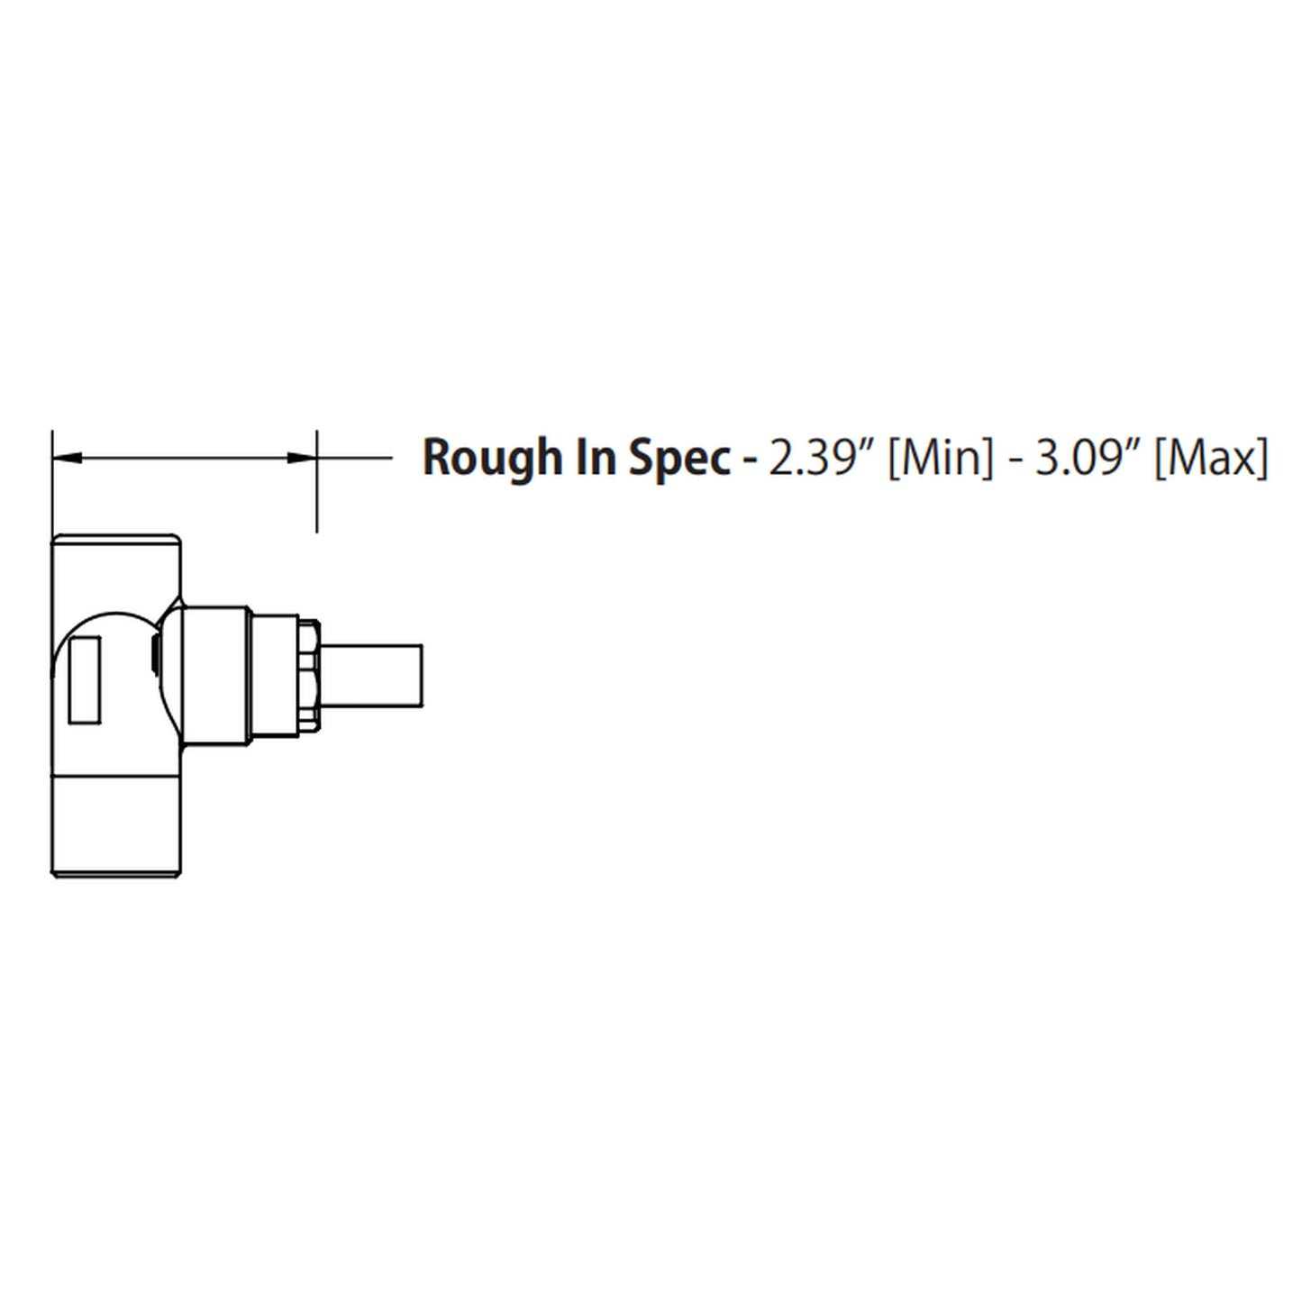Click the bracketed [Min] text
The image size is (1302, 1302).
click(941, 457)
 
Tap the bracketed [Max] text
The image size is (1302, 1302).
click(1211, 457)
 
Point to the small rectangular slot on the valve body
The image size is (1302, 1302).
click(86, 678)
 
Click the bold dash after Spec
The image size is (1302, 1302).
click(747, 460)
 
